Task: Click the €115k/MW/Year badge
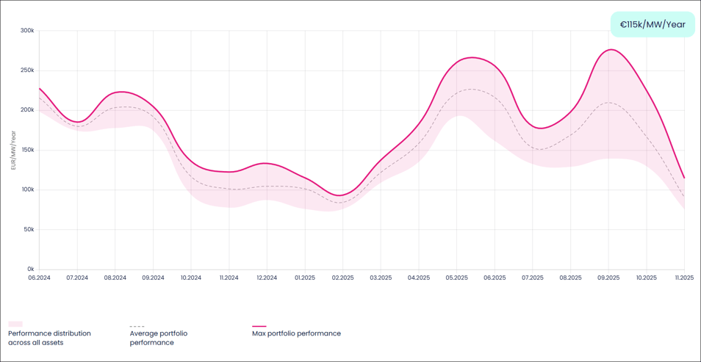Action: pos(653,24)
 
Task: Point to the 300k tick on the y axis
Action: pos(27,31)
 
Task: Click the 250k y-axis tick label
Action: pos(27,70)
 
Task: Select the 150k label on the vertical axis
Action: pos(27,150)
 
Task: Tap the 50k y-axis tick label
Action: pos(28,229)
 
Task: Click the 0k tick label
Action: pos(29,269)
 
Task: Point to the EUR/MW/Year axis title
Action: pos(13,150)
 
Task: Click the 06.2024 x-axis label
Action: pos(39,278)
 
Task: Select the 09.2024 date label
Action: pos(153,278)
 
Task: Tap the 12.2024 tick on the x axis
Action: pos(267,278)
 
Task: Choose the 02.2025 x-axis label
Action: pos(342,278)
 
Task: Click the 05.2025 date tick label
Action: pos(456,278)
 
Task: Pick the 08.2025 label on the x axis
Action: pos(570,278)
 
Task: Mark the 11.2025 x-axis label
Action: pos(683,278)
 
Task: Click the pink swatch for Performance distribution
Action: pos(15,324)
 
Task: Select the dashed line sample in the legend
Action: pos(137,326)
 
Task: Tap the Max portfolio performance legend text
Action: pos(296,333)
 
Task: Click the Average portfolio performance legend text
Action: pos(158,338)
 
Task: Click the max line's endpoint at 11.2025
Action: pos(684,178)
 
